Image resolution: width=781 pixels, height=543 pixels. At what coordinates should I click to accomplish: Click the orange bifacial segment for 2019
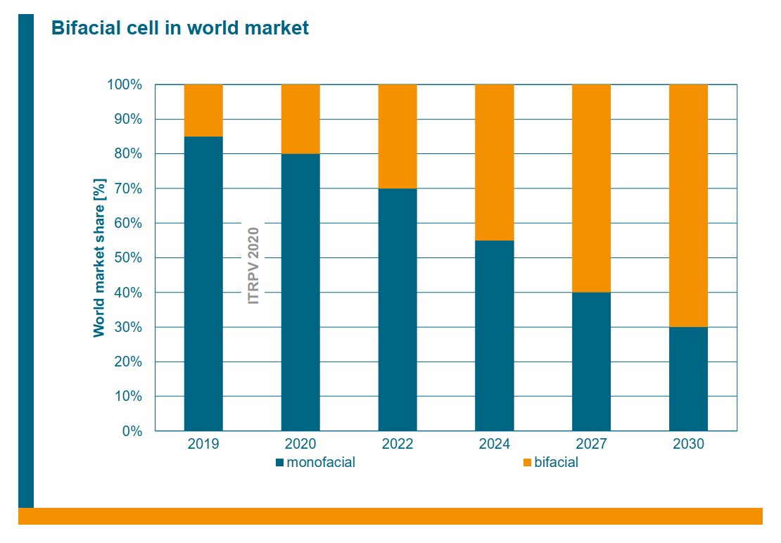[x=203, y=110]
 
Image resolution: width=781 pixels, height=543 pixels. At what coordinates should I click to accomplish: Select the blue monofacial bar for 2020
[x=300, y=292]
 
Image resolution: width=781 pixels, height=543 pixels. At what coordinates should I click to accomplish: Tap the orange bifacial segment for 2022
[x=398, y=136]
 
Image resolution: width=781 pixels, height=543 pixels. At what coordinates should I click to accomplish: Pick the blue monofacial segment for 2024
[x=495, y=335]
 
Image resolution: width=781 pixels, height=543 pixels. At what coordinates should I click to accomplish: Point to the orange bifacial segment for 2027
[x=591, y=188]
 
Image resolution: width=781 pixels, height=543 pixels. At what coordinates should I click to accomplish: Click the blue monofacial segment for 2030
[x=688, y=378]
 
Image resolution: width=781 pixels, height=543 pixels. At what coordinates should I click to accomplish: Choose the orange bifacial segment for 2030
[x=688, y=205]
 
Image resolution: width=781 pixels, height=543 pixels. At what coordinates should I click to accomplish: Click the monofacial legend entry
[x=316, y=463]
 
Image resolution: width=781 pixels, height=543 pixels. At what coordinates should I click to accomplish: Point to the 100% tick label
[x=125, y=84]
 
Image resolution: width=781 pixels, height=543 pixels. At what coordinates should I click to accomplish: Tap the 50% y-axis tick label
[x=127, y=257]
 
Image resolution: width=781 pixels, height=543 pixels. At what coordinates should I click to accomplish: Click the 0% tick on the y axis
[x=132, y=430]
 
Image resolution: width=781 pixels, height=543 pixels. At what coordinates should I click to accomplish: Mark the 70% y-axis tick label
[x=127, y=189]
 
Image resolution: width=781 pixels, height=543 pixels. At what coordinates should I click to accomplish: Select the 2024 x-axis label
[x=495, y=445]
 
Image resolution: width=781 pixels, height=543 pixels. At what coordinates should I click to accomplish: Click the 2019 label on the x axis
[x=203, y=445]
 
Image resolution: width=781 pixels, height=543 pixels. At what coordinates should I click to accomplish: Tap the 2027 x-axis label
[x=591, y=445]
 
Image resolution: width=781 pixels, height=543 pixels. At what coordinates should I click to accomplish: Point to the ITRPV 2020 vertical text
[x=253, y=265]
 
